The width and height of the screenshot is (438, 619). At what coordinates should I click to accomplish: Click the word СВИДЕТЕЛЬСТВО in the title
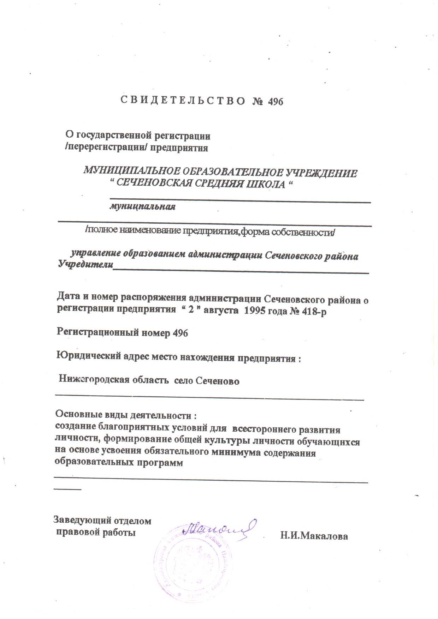coord(183,101)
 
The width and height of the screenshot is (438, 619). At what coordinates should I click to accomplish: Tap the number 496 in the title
coord(276,102)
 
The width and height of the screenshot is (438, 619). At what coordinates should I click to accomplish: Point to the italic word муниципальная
coord(142,206)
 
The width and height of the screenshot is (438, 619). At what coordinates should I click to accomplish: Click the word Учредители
coord(85,265)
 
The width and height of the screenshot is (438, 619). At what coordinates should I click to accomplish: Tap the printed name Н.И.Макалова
coord(314,536)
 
